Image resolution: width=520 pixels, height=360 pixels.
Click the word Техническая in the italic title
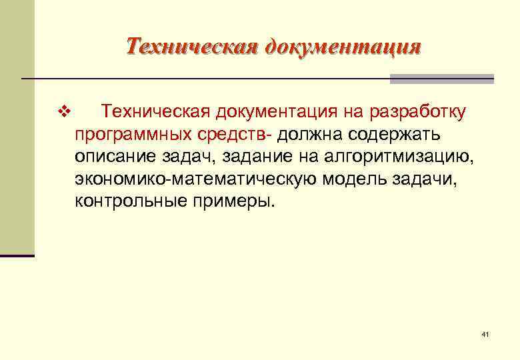click(x=191, y=47)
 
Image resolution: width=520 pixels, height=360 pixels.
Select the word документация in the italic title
click(x=343, y=47)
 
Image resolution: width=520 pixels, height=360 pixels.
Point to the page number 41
click(x=485, y=334)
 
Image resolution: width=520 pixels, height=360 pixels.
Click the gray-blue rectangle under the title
click(x=441, y=79)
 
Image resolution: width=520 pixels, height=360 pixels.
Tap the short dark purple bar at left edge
click(x=17, y=255)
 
